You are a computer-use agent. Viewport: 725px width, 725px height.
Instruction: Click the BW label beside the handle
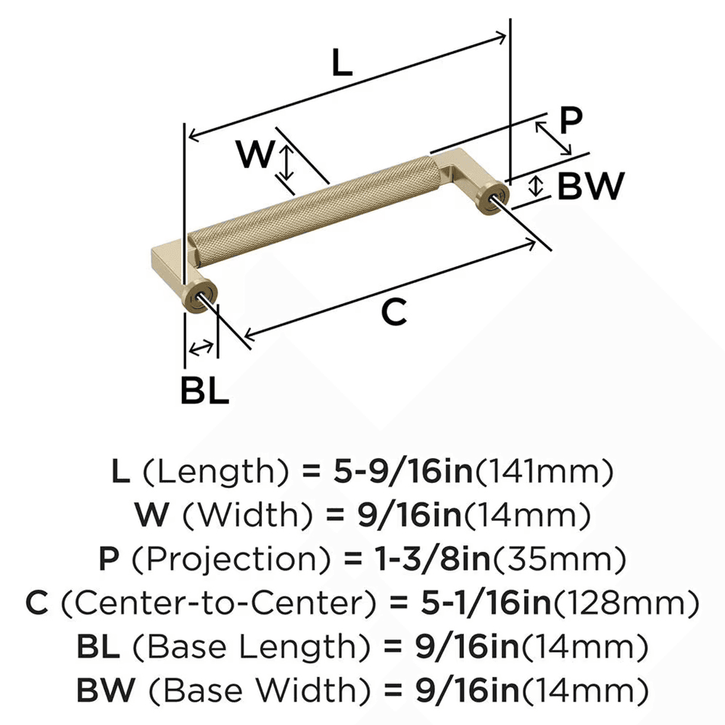pos(590,187)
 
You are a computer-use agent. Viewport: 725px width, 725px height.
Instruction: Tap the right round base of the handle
pos(492,200)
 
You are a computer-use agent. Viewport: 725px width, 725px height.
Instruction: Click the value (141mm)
pos(544,473)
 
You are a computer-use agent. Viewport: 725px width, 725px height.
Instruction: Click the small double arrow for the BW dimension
pos(536,186)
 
